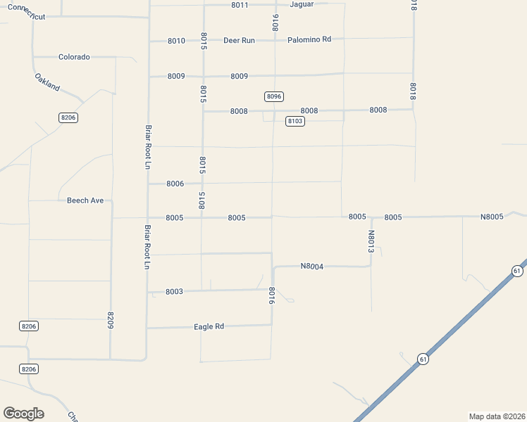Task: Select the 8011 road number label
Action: click(240, 5)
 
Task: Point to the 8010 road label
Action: click(176, 41)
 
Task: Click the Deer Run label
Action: click(239, 40)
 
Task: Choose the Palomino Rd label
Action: click(309, 39)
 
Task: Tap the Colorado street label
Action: click(74, 57)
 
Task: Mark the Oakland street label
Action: click(47, 82)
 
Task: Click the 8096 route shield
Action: click(274, 96)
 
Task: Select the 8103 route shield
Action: click(295, 122)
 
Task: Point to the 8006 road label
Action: click(175, 184)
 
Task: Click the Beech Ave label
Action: click(85, 200)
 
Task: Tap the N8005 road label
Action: click(492, 217)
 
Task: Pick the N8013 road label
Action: click(371, 241)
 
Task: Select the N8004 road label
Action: click(311, 266)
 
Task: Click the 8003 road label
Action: click(174, 291)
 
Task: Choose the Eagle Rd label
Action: click(209, 326)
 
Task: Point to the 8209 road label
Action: click(111, 320)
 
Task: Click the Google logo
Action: click(23, 414)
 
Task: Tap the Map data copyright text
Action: click(497, 416)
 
